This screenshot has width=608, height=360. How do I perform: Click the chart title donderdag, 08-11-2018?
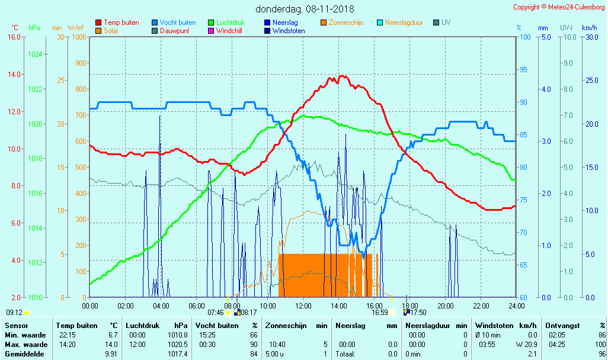(305, 9)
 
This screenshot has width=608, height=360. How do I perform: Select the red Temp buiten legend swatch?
(98, 22)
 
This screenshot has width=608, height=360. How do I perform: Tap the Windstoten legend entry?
(289, 31)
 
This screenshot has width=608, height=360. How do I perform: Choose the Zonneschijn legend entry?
(345, 22)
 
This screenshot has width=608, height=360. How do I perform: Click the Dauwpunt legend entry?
(174, 31)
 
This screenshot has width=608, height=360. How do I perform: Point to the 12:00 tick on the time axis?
(303, 306)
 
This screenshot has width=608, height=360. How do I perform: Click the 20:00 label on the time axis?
(446, 306)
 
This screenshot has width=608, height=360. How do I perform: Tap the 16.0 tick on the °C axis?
(13, 37)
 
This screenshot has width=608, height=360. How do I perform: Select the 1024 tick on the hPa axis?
(35, 54)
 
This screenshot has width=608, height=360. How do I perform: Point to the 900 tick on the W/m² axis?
(79, 63)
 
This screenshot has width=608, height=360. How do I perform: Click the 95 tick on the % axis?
(523, 69)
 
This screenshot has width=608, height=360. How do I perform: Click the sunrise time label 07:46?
(215, 313)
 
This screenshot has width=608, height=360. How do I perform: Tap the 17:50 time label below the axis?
(418, 313)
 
